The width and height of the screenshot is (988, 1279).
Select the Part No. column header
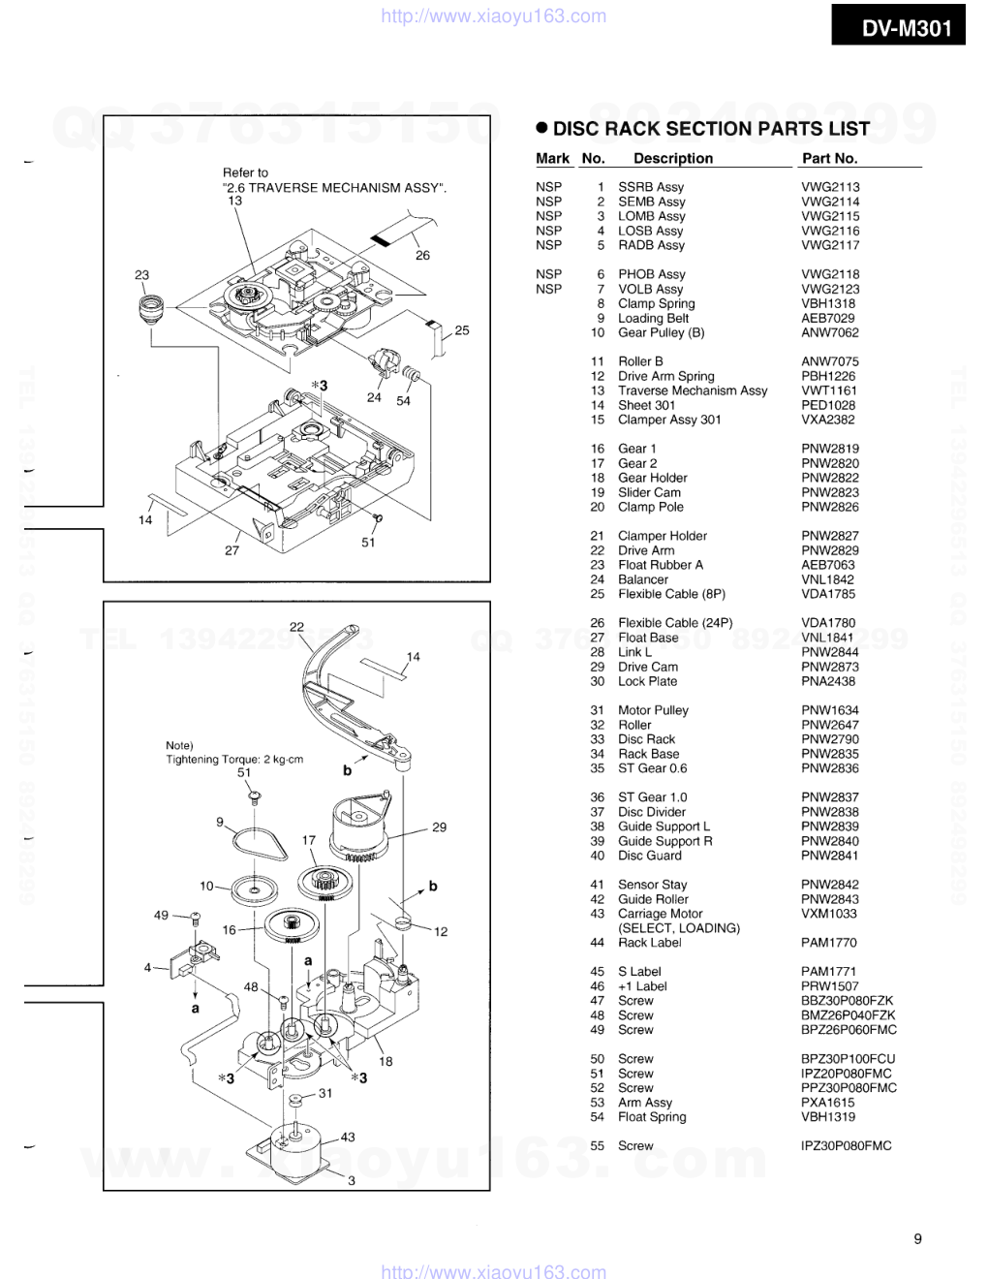(829, 158)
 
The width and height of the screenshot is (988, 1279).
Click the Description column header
(672, 158)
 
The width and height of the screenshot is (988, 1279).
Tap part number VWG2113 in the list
(829, 187)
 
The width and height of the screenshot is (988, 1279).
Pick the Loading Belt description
(653, 318)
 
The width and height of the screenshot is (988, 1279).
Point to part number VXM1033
(829, 914)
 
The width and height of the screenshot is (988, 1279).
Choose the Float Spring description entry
(652, 1117)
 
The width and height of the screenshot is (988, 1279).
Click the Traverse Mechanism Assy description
(693, 390)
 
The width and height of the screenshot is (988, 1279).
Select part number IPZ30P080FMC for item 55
(846, 1146)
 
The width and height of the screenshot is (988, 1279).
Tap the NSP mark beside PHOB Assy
(548, 274)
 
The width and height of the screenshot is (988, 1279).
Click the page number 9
(917, 1238)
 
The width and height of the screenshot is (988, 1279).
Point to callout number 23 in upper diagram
(142, 275)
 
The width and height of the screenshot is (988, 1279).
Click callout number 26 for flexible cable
(422, 256)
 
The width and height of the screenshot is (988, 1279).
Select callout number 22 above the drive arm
(296, 626)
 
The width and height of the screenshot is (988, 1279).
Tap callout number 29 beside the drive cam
(439, 827)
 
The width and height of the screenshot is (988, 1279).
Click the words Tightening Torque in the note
(206, 760)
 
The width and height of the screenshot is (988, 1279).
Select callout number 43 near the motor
(348, 1138)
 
